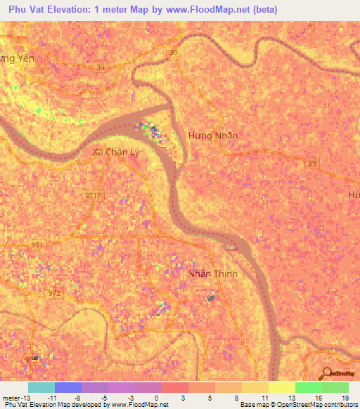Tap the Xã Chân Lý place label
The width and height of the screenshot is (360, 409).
click(x=112, y=151)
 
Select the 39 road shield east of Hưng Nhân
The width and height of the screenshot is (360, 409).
click(x=311, y=163)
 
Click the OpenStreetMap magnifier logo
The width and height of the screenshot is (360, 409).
click(x=327, y=373)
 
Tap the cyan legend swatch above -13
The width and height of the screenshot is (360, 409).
click(x=41, y=387)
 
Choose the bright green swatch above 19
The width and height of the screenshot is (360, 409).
click(x=335, y=387)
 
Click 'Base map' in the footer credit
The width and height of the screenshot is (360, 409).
click(x=253, y=405)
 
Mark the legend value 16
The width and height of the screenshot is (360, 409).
click(x=321, y=397)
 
